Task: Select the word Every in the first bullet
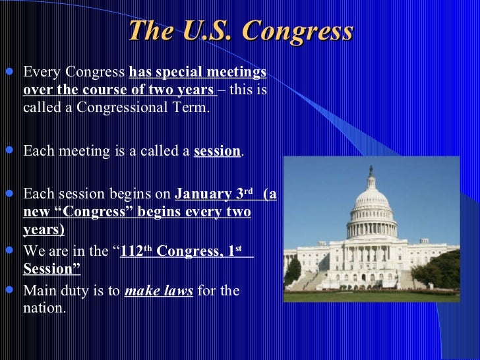point(39,71)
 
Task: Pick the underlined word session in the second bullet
point(217,151)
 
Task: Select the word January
point(202,195)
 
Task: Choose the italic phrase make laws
point(159,291)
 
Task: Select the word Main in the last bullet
point(38,291)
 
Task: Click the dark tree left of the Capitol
point(292,270)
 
